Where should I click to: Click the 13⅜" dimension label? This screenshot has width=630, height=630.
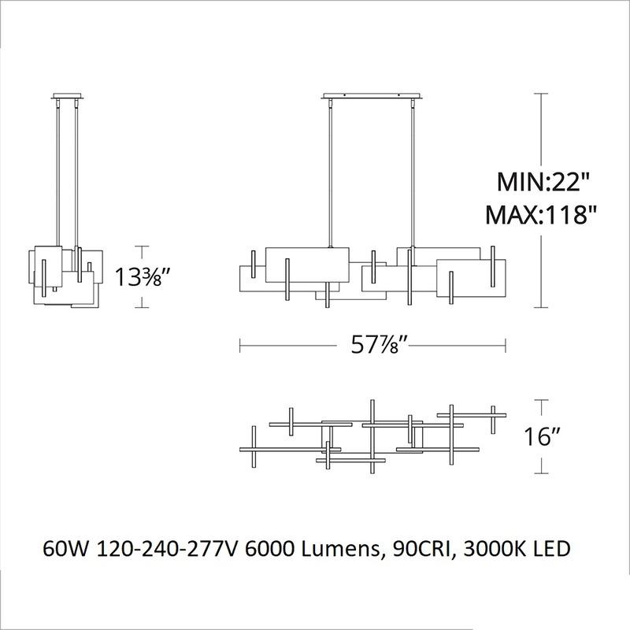(x=144, y=277)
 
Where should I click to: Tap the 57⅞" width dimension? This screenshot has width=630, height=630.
(x=372, y=344)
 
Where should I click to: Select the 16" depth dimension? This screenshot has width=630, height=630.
(x=543, y=438)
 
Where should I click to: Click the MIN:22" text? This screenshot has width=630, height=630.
(x=542, y=183)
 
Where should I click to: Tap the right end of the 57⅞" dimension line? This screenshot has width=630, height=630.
(x=505, y=344)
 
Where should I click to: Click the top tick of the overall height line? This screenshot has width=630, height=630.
(x=542, y=94)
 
